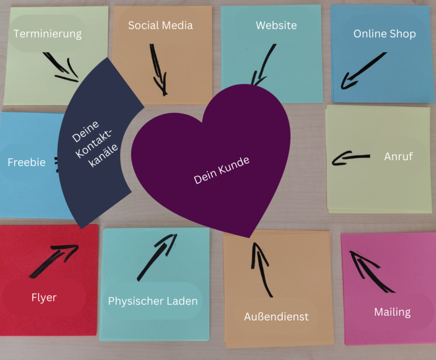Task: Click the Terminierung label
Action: [48, 34]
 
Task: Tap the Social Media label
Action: [160, 26]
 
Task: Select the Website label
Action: [276, 26]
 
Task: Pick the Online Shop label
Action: [384, 34]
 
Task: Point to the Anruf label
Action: [398, 156]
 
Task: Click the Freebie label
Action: [26, 162]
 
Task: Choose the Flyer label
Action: [44, 297]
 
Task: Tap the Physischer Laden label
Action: [153, 301]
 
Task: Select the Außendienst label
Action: [276, 316]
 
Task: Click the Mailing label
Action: [392, 312]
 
